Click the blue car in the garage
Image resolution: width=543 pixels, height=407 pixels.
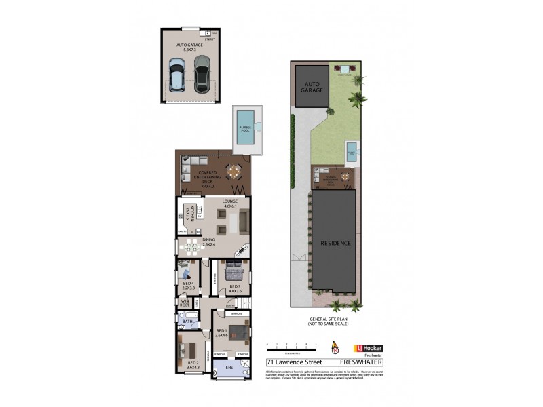[x=176, y=75]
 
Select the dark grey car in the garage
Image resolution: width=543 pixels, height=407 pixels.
[x=202, y=74]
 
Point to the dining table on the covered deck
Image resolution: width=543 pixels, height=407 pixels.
[x=233, y=172]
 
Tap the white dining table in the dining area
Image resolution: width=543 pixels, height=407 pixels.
[x=193, y=246]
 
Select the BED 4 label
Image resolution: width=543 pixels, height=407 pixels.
[x=188, y=284]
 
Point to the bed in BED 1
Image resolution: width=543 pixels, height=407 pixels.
[x=236, y=332]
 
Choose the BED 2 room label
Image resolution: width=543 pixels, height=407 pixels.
[x=193, y=365]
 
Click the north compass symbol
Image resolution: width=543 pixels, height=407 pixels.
[x=333, y=346]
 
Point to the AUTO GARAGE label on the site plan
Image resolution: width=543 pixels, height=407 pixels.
[x=312, y=89]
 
